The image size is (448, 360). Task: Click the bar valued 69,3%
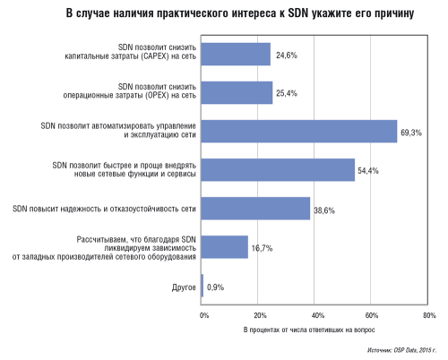pos(299,132)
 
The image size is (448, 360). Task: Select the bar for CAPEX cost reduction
pos(236,54)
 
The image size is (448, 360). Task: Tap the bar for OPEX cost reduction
pos(237,92)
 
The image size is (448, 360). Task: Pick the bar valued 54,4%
pos(278,169)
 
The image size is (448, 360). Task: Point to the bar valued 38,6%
pos(255,209)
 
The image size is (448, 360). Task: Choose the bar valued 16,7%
pos(225,247)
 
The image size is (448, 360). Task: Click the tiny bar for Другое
pos(202,286)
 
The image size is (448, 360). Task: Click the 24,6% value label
pos(286,55)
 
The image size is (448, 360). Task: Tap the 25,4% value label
pos(289,93)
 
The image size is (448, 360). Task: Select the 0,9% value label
pos(216,287)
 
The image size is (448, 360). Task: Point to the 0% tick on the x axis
pos(203,316)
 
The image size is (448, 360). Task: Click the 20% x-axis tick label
pos(259,316)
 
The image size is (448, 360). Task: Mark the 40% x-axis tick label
pos(315,316)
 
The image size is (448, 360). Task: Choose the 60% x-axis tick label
pos(372,316)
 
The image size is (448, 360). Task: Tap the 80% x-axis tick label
pos(428,316)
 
